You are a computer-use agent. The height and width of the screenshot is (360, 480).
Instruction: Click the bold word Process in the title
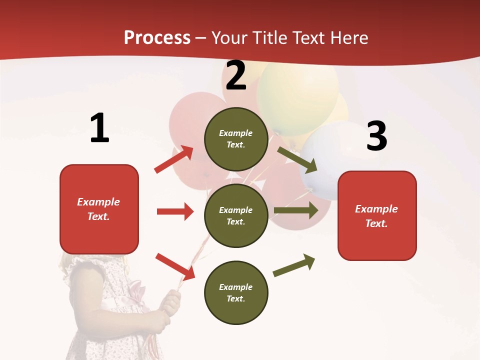(x=157, y=38)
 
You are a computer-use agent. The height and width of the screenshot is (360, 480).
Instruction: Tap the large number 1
(x=99, y=128)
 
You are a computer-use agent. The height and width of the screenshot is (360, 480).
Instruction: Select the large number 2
(x=236, y=75)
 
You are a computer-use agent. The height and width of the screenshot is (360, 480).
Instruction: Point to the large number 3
(x=376, y=136)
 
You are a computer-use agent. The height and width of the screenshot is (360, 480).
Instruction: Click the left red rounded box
(x=99, y=209)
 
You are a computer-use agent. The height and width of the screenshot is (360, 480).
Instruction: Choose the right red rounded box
(x=377, y=215)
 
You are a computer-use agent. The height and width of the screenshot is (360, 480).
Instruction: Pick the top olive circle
(x=236, y=139)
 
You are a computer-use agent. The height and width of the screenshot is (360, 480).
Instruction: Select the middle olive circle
(x=236, y=215)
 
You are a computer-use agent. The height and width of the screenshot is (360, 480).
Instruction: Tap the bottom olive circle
(x=236, y=292)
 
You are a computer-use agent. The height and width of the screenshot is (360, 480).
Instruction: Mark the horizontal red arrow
(x=175, y=211)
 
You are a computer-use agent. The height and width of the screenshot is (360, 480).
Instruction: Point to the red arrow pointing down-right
(x=175, y=266)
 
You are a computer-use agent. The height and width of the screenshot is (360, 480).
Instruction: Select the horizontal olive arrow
(x=296, y=210)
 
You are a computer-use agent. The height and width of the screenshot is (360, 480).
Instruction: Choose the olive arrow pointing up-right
(x=294, y=265)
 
